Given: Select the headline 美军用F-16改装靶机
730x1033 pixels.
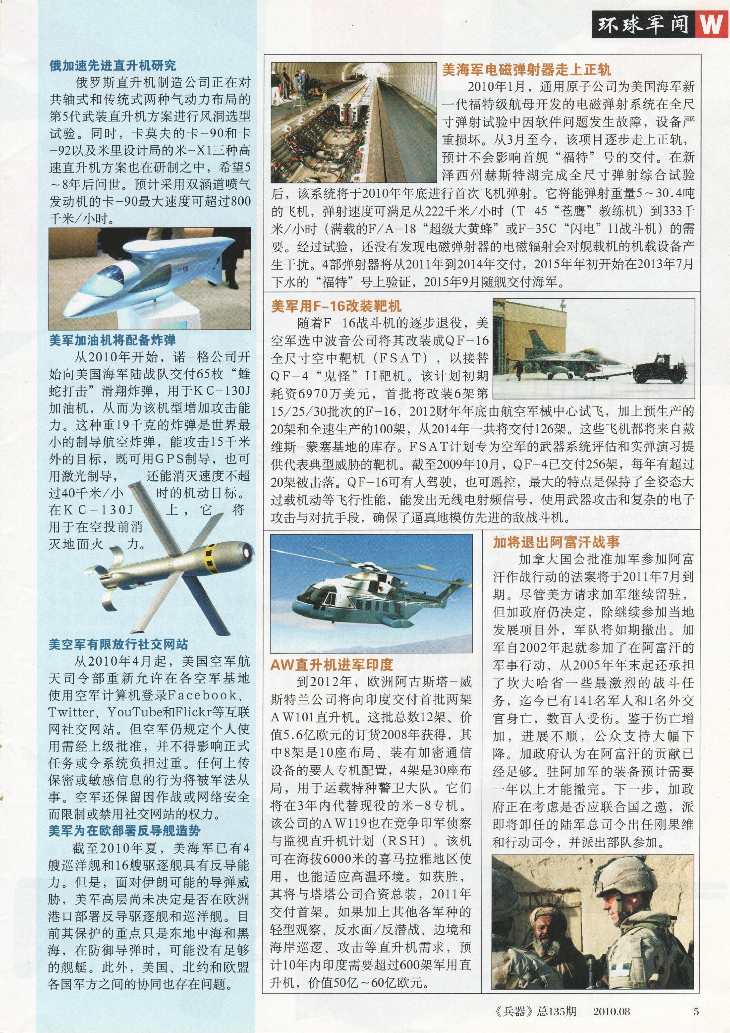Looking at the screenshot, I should tap(336, 306).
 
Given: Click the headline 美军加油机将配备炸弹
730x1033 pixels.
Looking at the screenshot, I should tap(112, 340).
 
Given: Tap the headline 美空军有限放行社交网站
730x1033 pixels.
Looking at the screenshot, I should tap(118, 644).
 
